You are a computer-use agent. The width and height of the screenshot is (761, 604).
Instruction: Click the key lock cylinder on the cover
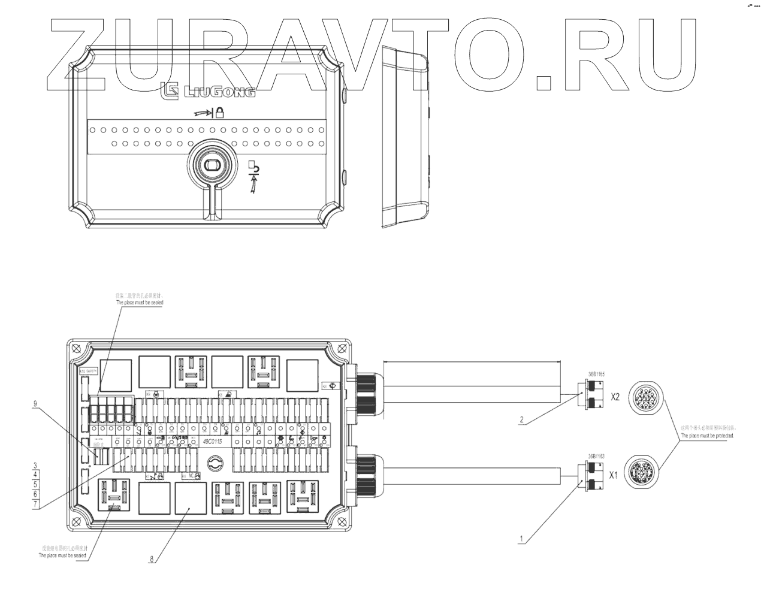tap(211, 165)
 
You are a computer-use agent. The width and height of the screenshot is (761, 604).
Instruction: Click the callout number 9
tap(35, 404)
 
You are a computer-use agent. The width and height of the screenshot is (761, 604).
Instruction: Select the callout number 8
tap(151, 559)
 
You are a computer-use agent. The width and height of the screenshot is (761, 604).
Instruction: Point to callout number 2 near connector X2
tap(521, 420)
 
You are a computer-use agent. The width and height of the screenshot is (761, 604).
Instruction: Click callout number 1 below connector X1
tap(521, 539)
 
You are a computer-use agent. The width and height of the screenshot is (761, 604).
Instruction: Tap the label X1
tap(613, 477)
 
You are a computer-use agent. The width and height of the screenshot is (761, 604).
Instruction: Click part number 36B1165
tap(596, 375)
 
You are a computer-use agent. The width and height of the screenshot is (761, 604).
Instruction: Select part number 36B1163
tap(596, 456)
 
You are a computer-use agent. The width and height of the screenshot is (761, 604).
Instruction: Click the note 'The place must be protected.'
tap(707, 436)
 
